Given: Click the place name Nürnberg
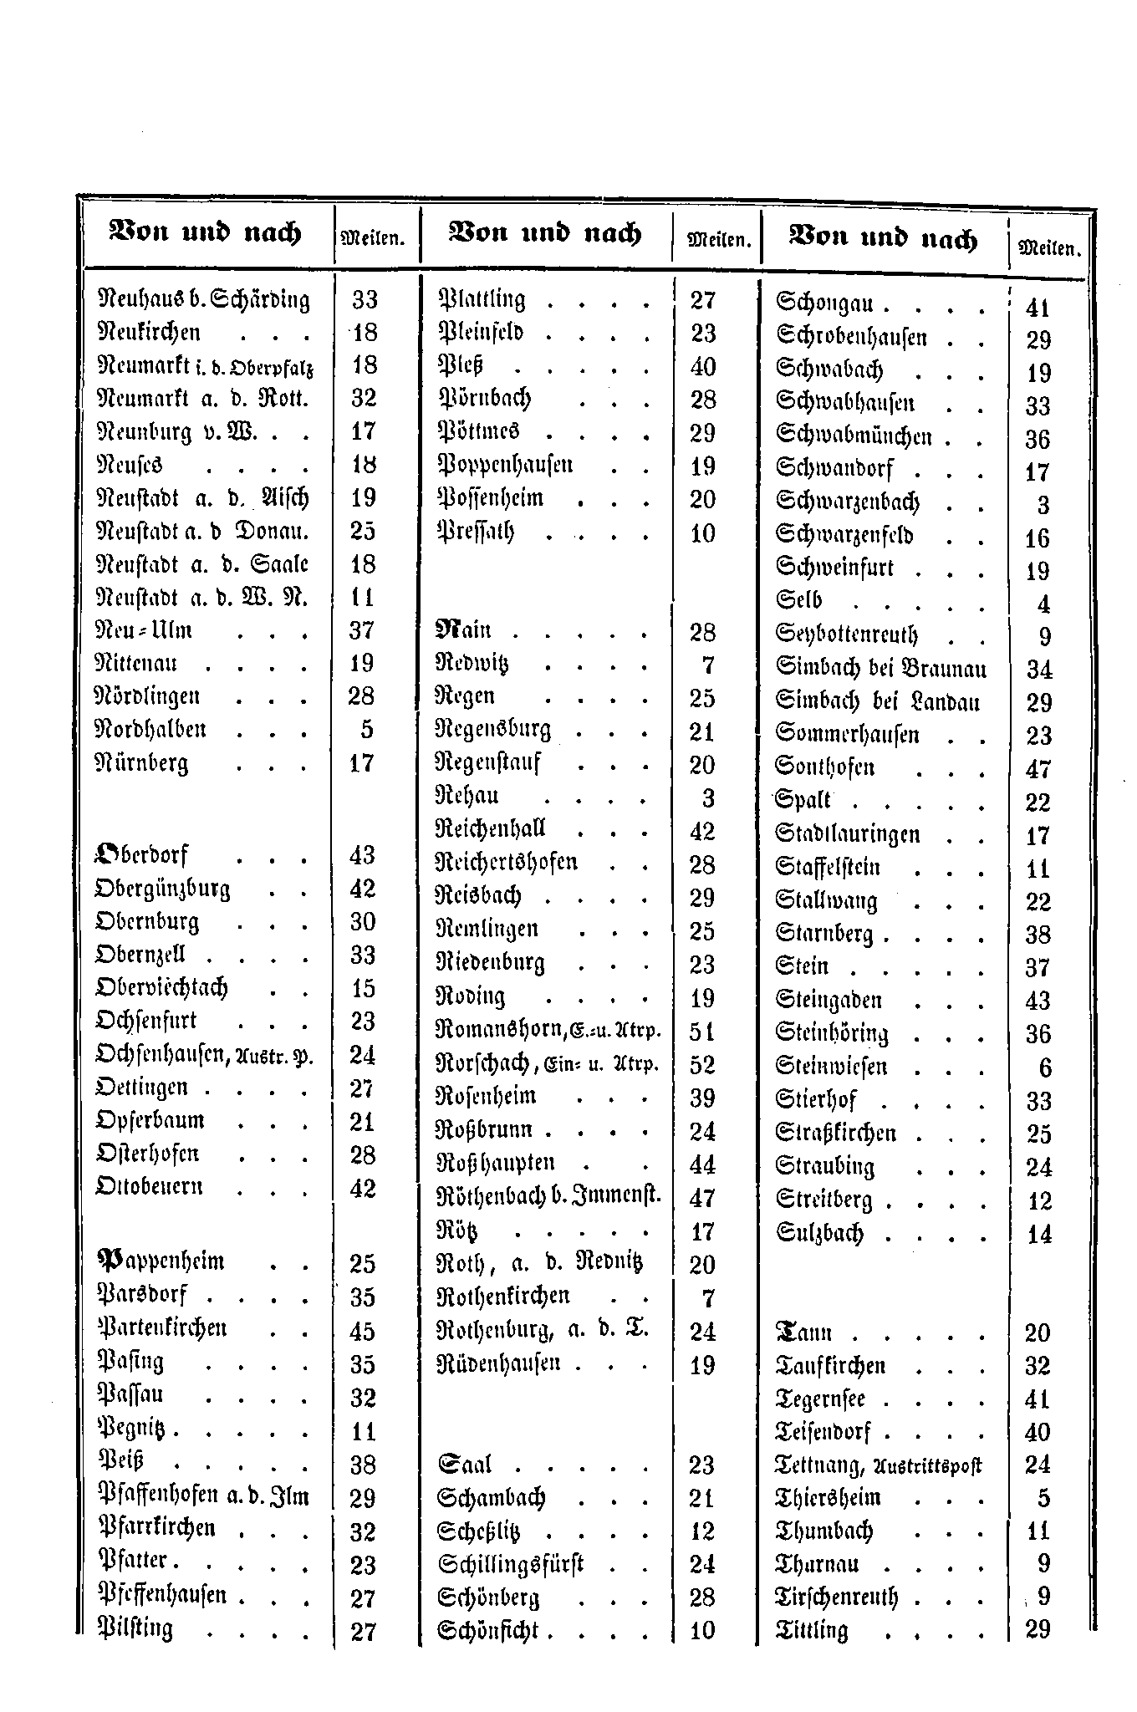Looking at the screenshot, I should (142, 764).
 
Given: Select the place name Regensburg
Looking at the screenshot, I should (494, 731).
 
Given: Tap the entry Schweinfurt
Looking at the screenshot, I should (834, 569).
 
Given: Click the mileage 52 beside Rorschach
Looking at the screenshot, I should (702, 1064).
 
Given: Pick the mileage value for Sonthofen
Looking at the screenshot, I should (1038, 769).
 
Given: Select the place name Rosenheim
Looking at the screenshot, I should (487, 1097).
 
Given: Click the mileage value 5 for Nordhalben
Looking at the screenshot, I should (366, 730).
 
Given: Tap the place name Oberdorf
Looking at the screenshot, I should (141, 854).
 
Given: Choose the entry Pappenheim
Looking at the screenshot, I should (161, 1261).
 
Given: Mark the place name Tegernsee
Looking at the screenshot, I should (820, 1399).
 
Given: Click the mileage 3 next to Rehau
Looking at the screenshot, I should (707, 798).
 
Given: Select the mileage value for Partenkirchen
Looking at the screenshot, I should (363, 1331).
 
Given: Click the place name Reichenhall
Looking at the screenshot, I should (491, 830).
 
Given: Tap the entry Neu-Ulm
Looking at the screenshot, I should (145, 630).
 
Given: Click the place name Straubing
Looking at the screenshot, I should (824, 1166).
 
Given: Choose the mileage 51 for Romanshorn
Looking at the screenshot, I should (702, 1031).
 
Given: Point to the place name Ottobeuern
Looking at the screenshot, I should (149, 1188).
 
